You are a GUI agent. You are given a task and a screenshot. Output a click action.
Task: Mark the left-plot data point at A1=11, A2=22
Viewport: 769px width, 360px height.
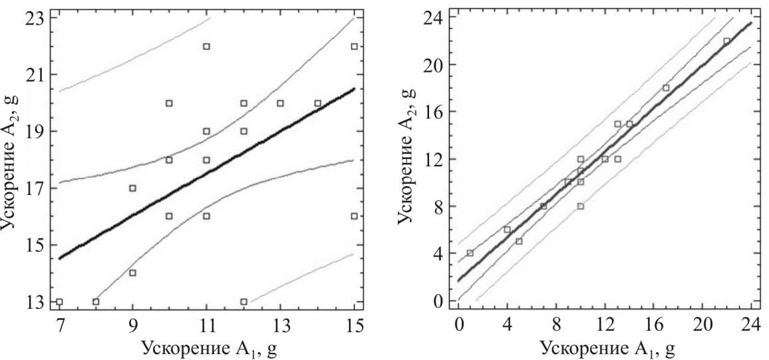[207, 47]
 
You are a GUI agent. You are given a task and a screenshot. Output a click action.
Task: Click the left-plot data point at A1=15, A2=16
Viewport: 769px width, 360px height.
[355, 216]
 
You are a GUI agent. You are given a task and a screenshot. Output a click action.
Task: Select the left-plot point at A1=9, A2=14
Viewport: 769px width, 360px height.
[133, 273]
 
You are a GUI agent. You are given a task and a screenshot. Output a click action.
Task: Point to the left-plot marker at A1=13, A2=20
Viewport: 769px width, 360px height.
[281, 103]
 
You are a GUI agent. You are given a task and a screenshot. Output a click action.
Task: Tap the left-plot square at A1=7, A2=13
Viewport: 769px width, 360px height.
[59, 301]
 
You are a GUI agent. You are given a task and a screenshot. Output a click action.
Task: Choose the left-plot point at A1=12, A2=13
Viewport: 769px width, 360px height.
[243, 301]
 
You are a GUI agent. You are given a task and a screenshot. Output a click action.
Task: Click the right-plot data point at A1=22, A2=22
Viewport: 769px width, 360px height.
[726, 41]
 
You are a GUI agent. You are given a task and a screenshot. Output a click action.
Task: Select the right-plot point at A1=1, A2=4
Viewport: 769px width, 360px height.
[470, 253]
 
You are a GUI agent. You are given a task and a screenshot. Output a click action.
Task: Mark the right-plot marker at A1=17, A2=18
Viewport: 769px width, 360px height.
[666, 88]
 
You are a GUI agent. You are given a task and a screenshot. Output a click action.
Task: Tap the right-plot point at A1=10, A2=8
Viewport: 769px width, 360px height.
[580, 206]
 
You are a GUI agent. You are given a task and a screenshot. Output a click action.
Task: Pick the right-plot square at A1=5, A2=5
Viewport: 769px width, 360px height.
[519, 241]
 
